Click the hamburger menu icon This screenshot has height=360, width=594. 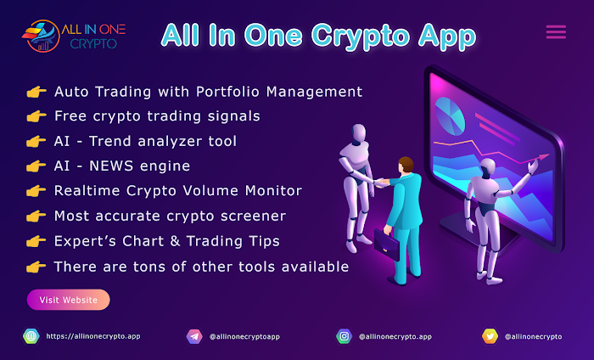pos(556,31)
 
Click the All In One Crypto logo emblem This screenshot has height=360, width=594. pos(42,36)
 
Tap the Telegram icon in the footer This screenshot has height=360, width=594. pos(194,336)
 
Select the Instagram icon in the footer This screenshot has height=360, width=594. pos(344,336)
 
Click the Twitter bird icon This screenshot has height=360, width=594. pos(490,336)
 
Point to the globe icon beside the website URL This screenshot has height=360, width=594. pos(31,336)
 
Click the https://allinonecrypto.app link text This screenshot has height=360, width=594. pos(93,336)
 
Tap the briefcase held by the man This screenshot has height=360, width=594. pos(387,245)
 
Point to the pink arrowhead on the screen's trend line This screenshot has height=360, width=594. pos(544,157)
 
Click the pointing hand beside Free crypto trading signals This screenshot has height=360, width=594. pos(36,116)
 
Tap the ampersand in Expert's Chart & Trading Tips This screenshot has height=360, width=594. pos(175,241)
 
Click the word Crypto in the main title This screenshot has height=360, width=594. pos(361,37)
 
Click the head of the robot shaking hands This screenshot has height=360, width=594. pos(358,134)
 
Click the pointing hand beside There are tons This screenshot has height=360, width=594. pos(36,267)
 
